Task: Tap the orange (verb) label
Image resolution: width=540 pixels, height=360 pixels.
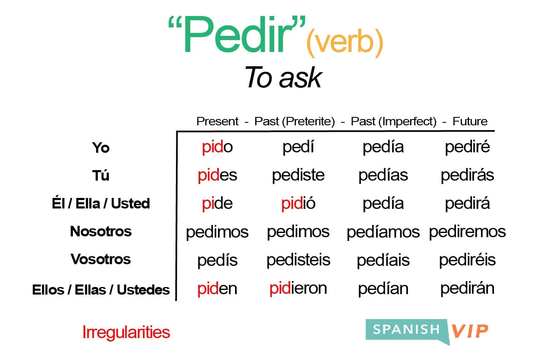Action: click(345, 44)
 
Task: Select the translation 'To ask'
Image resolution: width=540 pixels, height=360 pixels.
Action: click(283, 78)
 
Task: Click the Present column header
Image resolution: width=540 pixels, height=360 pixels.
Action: click(218, 122)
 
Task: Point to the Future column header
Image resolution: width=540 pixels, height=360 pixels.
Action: click(470, 122)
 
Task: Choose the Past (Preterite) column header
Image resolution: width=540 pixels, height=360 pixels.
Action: click(294, 122)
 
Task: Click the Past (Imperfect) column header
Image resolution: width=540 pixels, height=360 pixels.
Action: click(394, 122)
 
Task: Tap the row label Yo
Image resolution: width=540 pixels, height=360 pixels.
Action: click(101, 148)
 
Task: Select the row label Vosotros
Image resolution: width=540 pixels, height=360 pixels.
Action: click(101, 259)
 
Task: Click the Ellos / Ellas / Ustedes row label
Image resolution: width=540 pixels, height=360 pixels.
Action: click(101, 290)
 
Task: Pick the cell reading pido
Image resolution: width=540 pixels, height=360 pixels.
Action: click(217, 147)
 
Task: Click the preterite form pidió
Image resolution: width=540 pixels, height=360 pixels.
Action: click(298, 203)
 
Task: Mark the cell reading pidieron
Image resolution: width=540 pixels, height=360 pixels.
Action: click(298, 288)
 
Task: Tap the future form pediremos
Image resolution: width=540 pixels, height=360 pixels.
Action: click(467, 232)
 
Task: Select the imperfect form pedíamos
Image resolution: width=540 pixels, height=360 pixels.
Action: click(383, 232)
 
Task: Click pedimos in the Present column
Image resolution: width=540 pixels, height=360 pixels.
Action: click(217, 232)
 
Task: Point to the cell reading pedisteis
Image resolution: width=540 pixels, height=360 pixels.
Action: click(298, 260)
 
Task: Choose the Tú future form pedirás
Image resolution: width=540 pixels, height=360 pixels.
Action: click(467, 175)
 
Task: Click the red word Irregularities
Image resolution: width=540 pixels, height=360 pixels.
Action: click(126, 333)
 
